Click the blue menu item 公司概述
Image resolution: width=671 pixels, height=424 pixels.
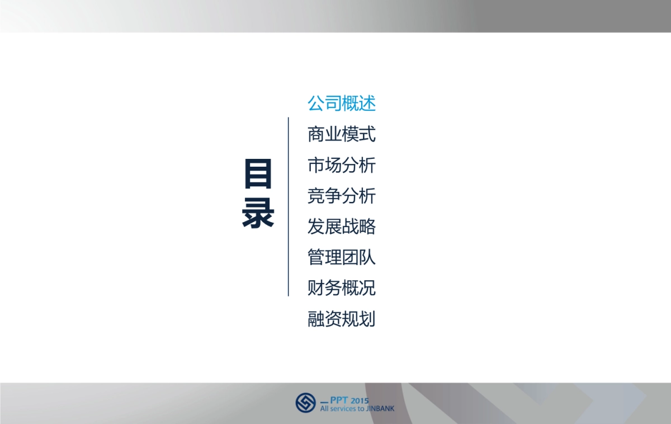click(341, 103)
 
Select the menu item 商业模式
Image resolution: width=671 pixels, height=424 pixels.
click(341, 135)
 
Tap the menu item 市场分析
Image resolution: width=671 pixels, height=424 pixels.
click(341, 166)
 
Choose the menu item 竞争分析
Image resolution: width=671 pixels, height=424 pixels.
click(341, 196)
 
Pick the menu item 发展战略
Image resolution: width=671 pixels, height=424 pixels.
click(341, 227)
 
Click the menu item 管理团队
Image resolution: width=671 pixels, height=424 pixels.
click(341, 258)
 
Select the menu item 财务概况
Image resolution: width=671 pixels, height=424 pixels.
click(341, 289)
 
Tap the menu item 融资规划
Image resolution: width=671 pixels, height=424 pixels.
click(341, 319)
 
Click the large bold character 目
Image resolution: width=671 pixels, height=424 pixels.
click(258, 174)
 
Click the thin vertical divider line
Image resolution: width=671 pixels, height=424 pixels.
click(289, 207)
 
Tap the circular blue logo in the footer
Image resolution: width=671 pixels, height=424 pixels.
click(306, 402)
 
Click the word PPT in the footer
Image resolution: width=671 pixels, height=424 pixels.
click(338, 401)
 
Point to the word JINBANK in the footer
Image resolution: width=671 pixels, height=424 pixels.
click(380, 409)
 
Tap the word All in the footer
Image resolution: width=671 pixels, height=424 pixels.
click(324, 409)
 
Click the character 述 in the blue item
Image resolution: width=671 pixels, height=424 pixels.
click(367, 103)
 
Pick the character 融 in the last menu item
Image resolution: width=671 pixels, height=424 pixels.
click(316, 319)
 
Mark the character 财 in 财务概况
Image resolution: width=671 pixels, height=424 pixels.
click(316, 289)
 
